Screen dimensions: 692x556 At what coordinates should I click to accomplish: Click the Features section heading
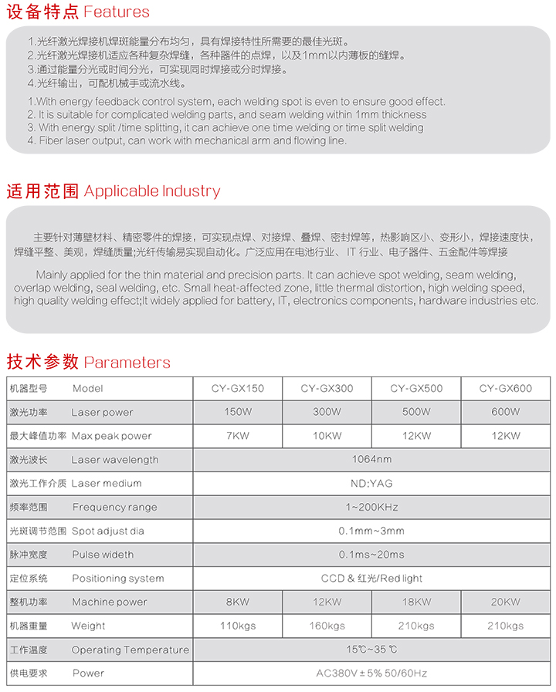click(77, 12)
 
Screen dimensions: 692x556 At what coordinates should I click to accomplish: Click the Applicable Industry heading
click(113, 191)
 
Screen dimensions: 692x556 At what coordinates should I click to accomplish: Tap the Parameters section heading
click(88, 363)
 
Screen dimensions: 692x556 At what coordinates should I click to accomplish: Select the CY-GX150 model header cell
click(237, 389)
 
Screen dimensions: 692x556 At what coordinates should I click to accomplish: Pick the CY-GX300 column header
click(327, 389)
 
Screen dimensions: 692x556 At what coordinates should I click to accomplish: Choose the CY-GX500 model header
click(416, 389)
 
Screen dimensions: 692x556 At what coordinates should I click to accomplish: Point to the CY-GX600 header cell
click(505, 389)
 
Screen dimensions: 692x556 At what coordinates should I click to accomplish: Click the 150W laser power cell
click(237, 412)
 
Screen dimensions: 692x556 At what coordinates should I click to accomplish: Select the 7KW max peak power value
click(237, 436)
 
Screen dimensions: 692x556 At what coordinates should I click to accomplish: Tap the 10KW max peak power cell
click(327, 436)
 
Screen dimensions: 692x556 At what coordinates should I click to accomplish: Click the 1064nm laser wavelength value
click(371, 460)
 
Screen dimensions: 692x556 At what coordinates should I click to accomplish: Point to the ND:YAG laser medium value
click(371, 484)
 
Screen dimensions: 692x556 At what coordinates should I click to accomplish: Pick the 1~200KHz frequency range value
click(371, 508)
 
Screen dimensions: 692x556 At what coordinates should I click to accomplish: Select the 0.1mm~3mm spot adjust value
click(371, 531)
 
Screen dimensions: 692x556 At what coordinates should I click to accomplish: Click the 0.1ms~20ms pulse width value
click(371, 555)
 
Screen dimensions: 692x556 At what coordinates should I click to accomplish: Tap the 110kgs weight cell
click(237, 626)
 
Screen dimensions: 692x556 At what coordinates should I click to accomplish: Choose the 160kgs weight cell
click(327, 626)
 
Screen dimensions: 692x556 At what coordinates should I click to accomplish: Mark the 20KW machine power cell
click(505, 602)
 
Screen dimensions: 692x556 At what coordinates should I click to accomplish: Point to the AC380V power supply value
click(371, 673)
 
